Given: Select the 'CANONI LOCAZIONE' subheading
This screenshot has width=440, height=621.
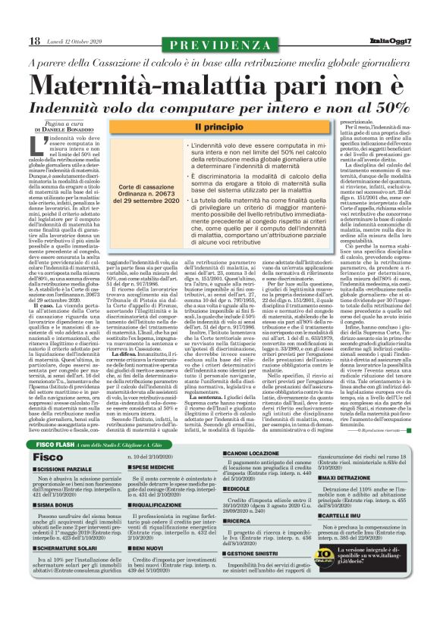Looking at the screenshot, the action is tap(251, 452).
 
